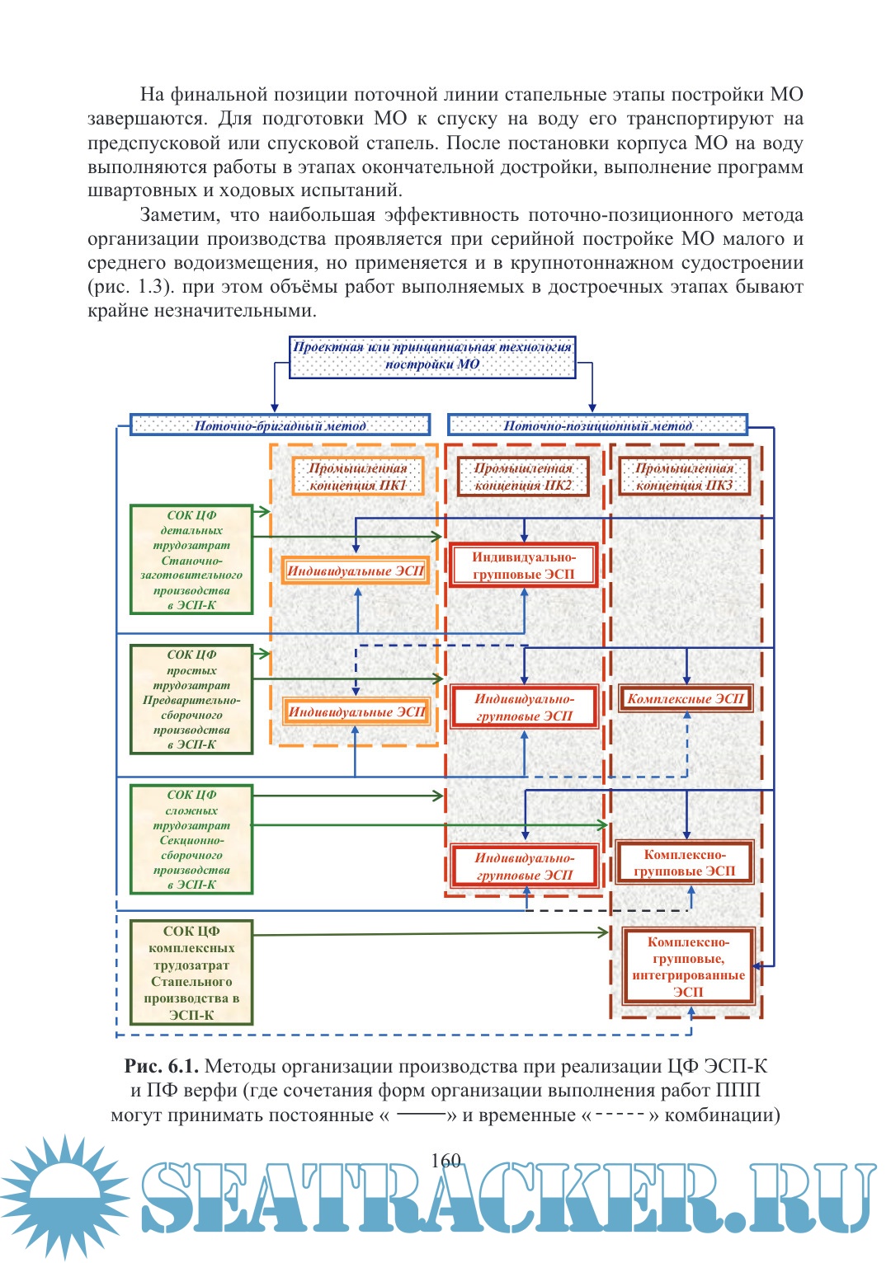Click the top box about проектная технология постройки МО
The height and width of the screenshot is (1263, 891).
pos(431,356)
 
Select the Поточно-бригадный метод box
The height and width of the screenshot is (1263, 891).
pos(280,425)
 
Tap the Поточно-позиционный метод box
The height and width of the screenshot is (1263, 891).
pos(597,425)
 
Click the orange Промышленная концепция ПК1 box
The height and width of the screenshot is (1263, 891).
pos(358,477)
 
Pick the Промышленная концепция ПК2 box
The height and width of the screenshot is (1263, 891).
pos(523,477)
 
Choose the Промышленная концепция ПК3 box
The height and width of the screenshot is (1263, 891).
pos(684,477)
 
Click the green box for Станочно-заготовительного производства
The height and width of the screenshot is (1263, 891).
pos(191,560)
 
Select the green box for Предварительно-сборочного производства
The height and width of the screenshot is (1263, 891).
pos(191,699)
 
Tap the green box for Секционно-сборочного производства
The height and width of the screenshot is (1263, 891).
pos(191,839)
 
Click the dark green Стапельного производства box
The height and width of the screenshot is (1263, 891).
pos(191,973)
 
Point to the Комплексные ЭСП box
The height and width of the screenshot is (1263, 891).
pos(686,699)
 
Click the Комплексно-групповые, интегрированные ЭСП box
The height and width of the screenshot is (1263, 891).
pos(688,966)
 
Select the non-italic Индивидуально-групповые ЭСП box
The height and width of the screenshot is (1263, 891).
pos(524,565)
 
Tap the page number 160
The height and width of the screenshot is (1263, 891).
pos(445,1160)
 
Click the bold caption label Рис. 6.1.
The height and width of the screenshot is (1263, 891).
pos(161,1066)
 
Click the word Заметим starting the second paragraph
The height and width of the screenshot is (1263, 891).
pos(180,215)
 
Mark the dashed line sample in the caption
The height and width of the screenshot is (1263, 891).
pos(619,1114)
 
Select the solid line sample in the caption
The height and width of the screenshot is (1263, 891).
pos(421,1114)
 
